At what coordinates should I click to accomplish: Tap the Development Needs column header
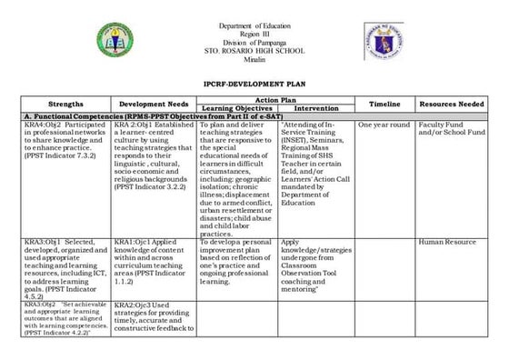pyautogui.click(x=154, y=105)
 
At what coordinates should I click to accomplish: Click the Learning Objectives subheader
pyautogui.click(x=236, y=109)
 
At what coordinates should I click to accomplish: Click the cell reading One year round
pyautogui.click(x=384, y=125)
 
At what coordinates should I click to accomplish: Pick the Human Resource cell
pyautogui.click(x=448, y=243)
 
